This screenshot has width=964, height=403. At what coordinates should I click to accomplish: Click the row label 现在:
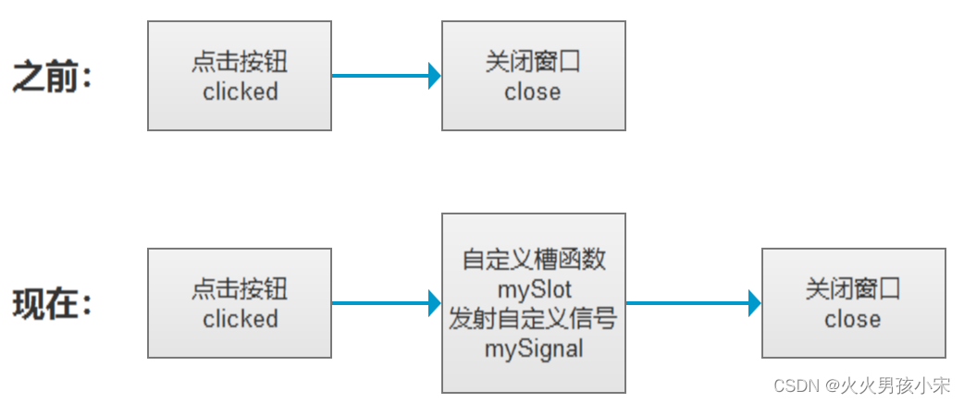pyautogui.click(x=53, y=303)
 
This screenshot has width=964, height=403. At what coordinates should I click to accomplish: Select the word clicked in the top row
pyautogui.click(x=240, y=92)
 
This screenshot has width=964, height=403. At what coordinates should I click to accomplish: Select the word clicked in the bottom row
pyautogui.click(x=240, y=319)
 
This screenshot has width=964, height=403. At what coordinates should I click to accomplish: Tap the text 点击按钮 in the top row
pyautogui.click(x=240, y=62)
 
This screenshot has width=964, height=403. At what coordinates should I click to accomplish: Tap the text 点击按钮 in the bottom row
pyautogui.click(x=240, y=289)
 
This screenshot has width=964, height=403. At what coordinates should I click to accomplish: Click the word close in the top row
pyautogui.click(x=533, y=92)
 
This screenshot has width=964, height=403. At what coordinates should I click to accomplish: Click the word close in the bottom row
pyautogui.click(x=853, y=319)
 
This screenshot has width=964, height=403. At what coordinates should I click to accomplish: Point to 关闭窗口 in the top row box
pyautogui.click(x=533, y=62)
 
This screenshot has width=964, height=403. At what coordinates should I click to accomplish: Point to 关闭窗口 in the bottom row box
pyautogui.click(x=853, y=289)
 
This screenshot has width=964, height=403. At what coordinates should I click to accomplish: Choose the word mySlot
pyautogui.click(x=534, y=289)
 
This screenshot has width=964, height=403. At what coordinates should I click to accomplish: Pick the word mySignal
pyautogui.click(x=534, y=348)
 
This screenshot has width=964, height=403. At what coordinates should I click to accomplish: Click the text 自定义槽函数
pyautogui.click(x=534, y=260)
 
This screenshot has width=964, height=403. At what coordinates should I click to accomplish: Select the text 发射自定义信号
pyautogui.click(x=534, y=319)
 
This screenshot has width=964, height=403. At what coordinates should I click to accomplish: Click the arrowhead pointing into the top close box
pyautogui.click(x=434, y=76)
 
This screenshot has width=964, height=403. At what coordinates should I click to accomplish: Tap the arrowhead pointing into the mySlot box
pyautogui.click(x=434, y=302)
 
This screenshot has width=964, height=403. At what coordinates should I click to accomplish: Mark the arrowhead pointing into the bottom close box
pyautogui.click(x=754, y=302)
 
